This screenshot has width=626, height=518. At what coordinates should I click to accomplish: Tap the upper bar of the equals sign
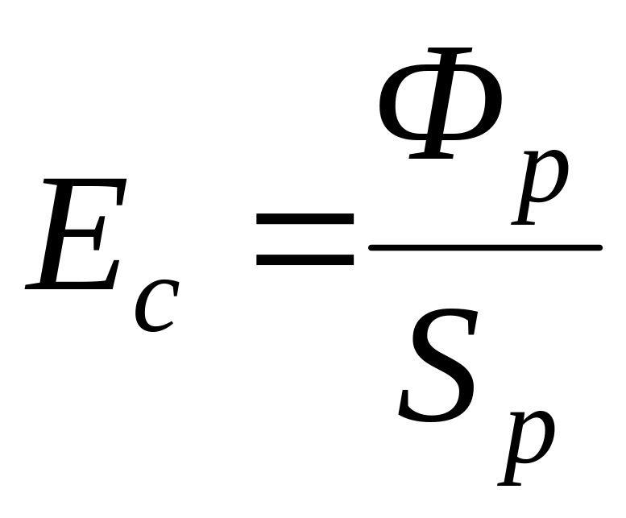point(305,219)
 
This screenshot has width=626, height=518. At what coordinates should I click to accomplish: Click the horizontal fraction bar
point(484,247)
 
